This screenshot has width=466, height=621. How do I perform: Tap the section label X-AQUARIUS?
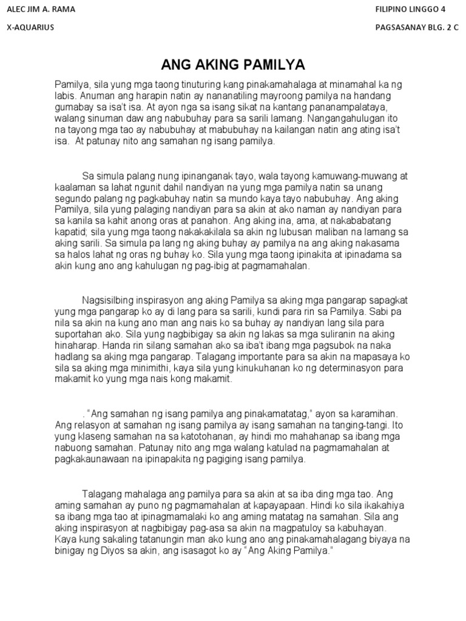click(x=30, y=28)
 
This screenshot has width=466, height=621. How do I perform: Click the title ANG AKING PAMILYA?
click(x=233, y=65)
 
